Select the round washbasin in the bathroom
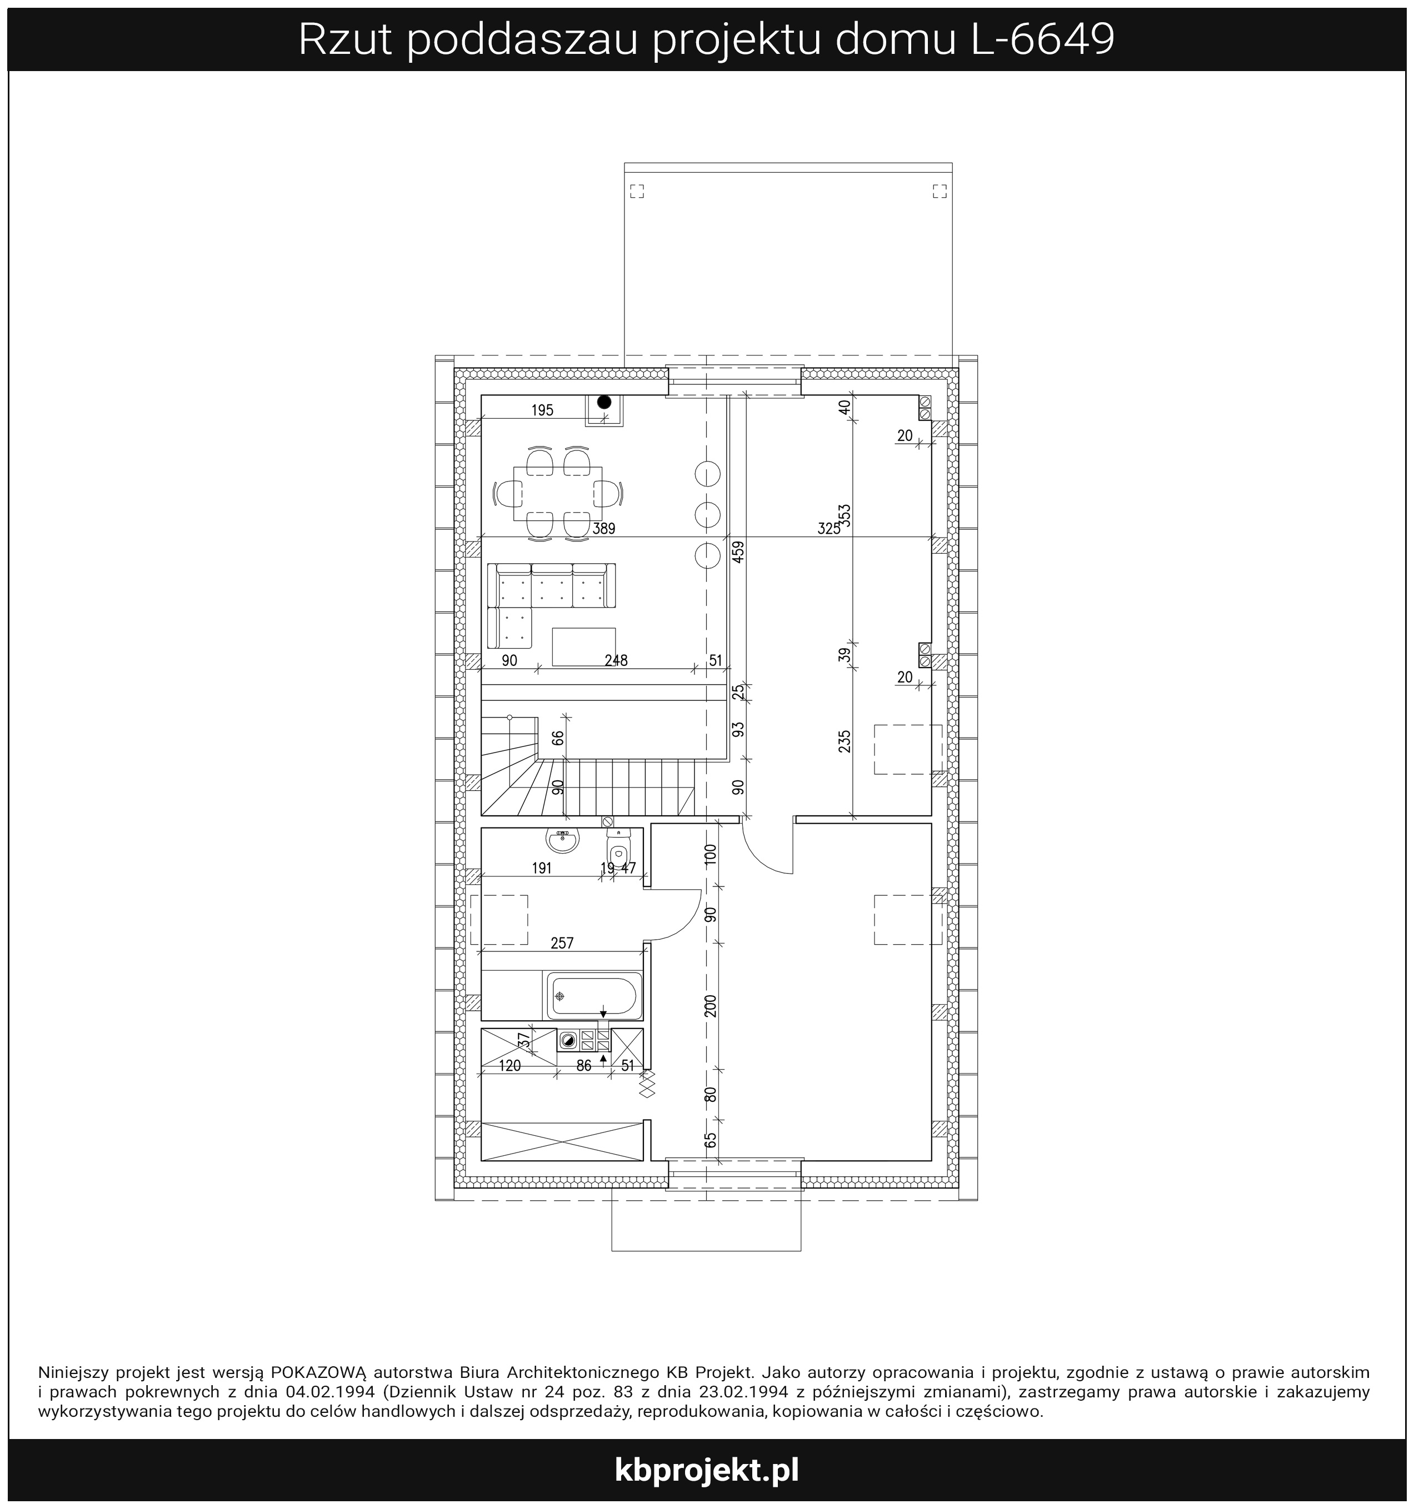click(x=563, y=840)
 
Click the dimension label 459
click(x=739, y=550)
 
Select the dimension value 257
click(x=562, y=944)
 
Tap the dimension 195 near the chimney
click(x=542, y=410)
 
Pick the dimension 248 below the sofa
click(x=616, y=660)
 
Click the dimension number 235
click(x=845, y=741)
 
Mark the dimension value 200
click(x=711, y=1006)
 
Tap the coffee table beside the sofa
click(x=584, y=646)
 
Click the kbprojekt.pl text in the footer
click(x=706, y=1470)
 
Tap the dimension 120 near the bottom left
click(x=509, y=1066)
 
